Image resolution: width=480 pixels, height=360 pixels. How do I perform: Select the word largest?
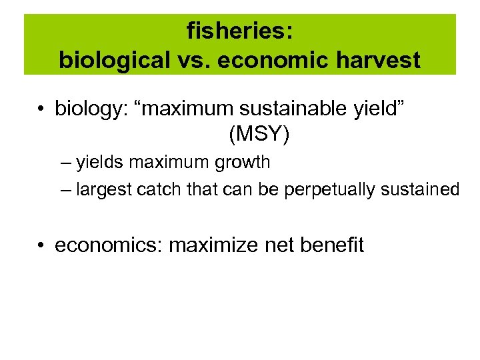[103, 190]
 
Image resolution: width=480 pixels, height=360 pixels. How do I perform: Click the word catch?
[158, 190]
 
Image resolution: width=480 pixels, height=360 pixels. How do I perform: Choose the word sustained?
[421, 190]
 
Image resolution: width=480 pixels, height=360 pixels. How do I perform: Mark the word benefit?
[332, 245]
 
